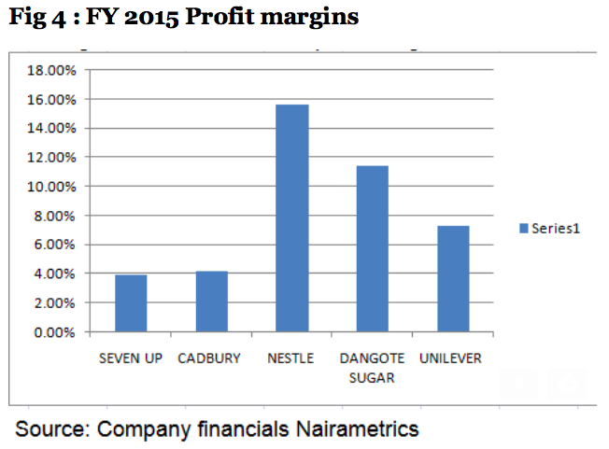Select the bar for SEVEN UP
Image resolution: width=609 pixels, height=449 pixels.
131,303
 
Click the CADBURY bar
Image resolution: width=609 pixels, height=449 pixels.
211,302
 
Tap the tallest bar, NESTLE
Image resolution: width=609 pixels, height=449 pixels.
291,218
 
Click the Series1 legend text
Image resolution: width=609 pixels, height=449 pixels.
557,228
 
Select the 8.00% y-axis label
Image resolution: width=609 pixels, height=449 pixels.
53,216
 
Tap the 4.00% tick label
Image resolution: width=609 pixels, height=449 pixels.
53,274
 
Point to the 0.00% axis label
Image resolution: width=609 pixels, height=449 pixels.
53,331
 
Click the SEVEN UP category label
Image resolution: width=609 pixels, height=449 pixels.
131,358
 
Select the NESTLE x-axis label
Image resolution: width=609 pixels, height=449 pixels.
290,358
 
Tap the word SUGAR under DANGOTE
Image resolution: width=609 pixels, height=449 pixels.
372,378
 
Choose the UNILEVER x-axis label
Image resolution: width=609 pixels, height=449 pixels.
452,358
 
